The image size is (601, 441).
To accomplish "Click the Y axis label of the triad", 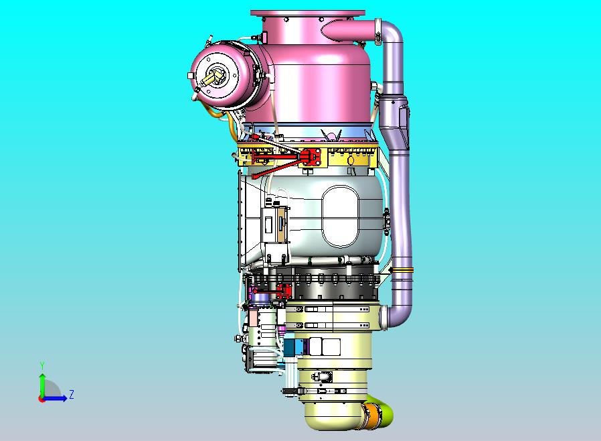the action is pos(43,365).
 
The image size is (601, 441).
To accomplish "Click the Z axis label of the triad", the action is pos(72,394).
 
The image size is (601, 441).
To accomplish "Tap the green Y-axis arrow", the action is pos(42,385).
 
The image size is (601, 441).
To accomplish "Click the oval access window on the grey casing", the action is pos(341,216).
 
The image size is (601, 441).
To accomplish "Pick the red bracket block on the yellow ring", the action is pos(311,157).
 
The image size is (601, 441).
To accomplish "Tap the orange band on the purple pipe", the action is pos(402,270).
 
